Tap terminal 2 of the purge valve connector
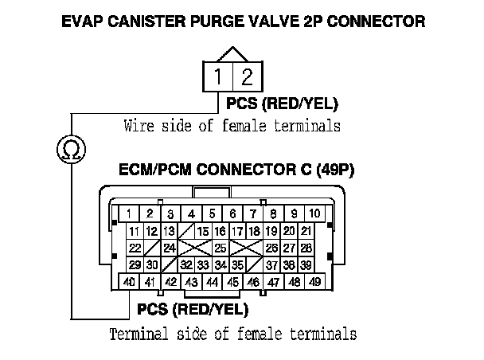click(248, 78)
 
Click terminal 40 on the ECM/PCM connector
click(129, 282)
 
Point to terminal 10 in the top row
click(314, 213)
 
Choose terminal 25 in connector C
click(221, 248)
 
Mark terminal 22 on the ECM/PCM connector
click(135, 248)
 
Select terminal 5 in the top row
click(212, 213)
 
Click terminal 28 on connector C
click(306, 248)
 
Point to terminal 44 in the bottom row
click(212, 282)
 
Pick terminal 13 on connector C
click(169, 231)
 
